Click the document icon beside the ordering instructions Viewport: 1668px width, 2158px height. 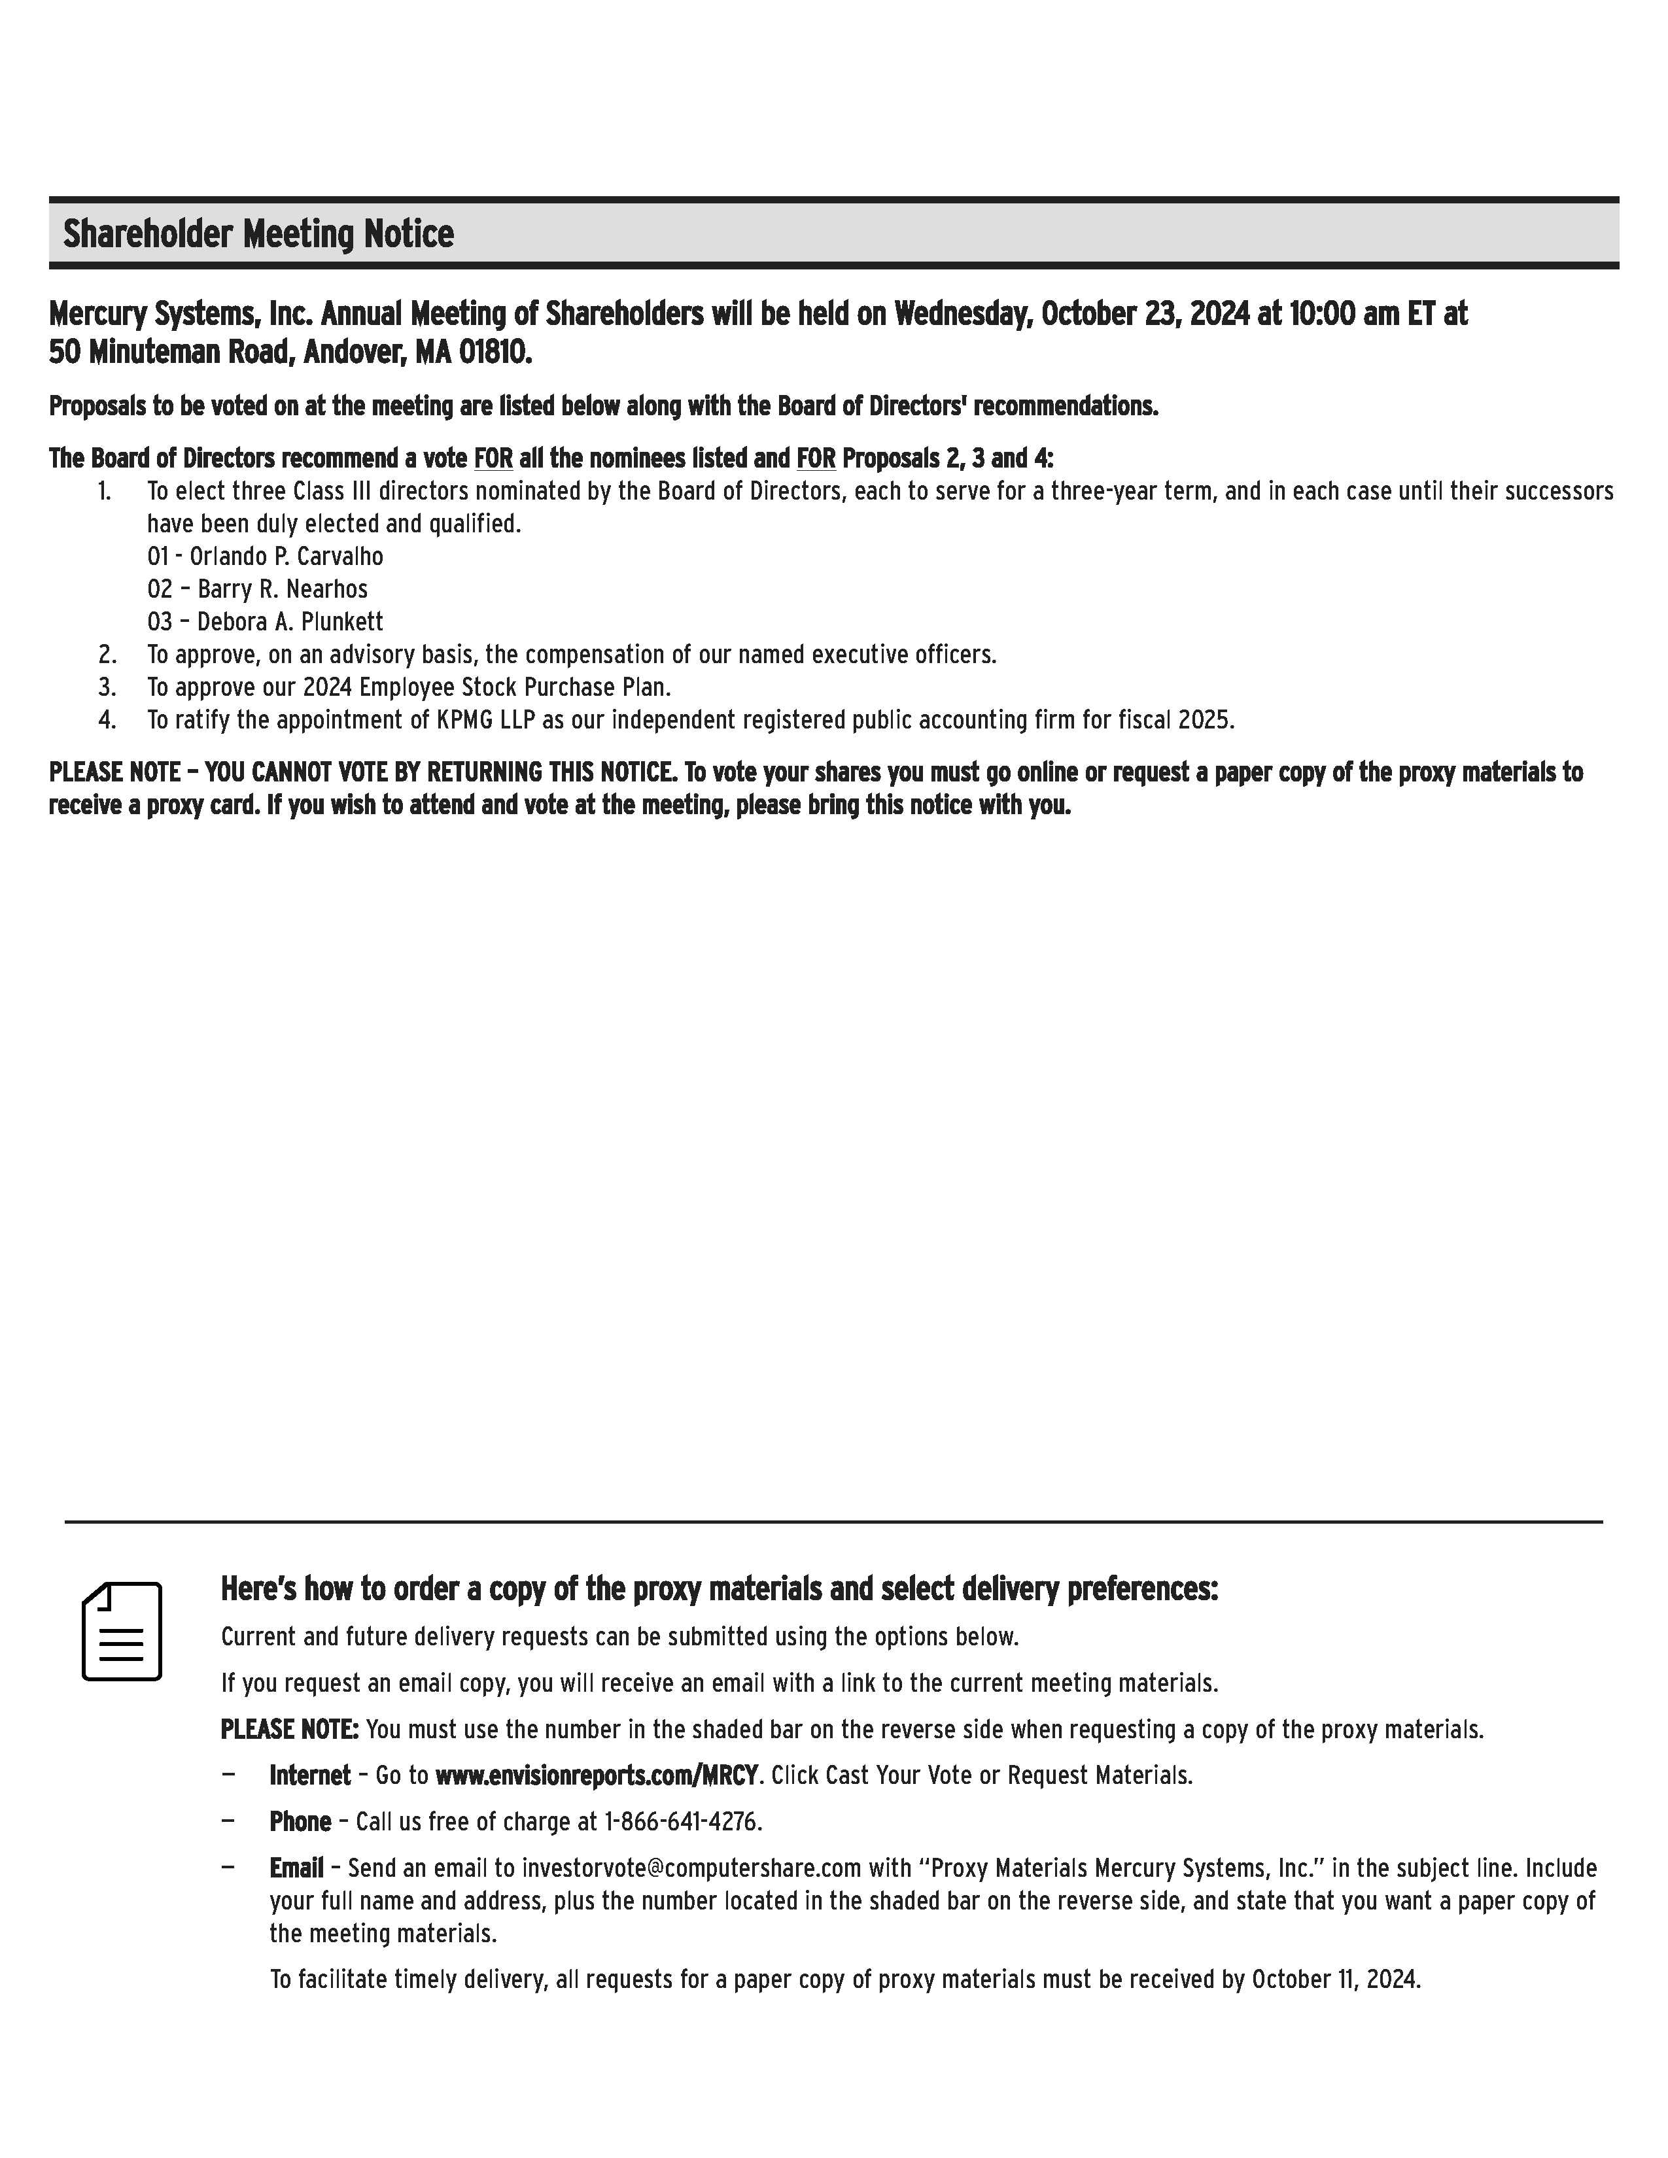coord(122,1632)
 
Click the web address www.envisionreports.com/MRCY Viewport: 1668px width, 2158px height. coord(596,1775)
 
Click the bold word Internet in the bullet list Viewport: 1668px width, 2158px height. coord(309,1775)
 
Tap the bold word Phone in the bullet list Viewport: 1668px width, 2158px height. coord(300,1822)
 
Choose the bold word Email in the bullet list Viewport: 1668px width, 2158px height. coord(296,1868)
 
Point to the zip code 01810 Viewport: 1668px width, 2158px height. coord(494,352)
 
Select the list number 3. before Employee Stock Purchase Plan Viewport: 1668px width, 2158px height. coord(107,687)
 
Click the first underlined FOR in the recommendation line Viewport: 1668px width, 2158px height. coord(493,458)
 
